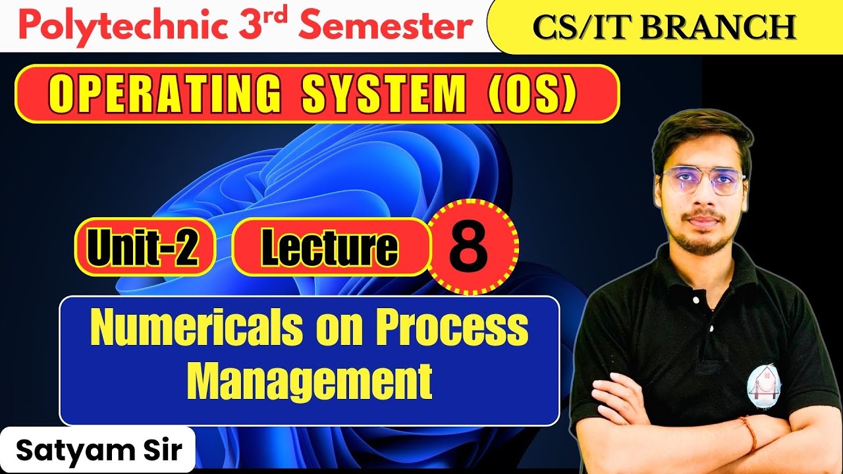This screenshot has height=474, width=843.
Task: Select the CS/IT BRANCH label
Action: pyautogui.click(x=664, y=27)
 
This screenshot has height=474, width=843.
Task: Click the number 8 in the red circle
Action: pyautogui.click(x=470, y=247)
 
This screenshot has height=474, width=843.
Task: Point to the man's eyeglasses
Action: pyautogui.click(x=703, y=182)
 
